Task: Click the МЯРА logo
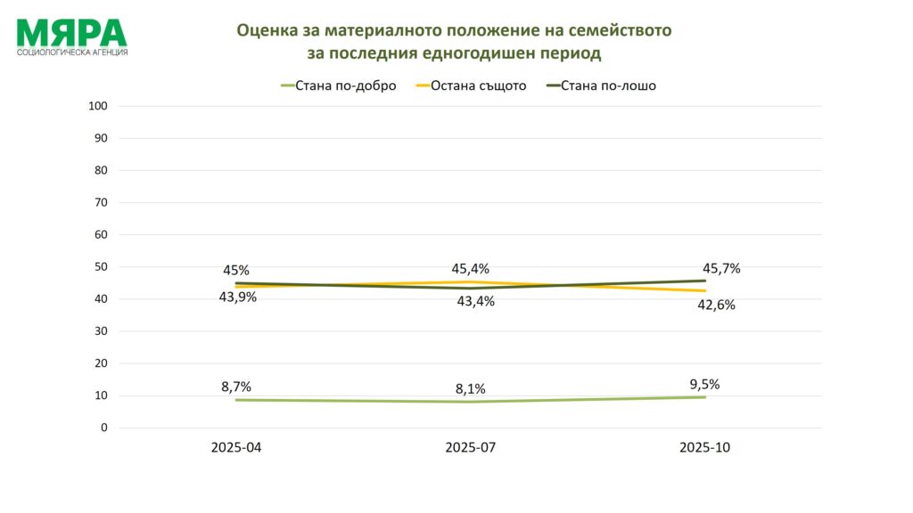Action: pos(71,36)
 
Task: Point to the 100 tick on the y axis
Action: pos(98,106)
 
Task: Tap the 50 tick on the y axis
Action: pos(101,267)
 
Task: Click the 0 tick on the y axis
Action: pos(103,427)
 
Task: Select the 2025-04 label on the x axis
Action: pos(236,448)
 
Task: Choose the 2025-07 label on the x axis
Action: pos(471,448)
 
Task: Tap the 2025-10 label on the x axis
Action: pos(704,448)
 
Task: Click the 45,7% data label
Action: pos(722,268)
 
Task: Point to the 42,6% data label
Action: pos(717,305)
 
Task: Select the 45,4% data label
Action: pos(471,269)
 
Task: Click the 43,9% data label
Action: pos(237,297)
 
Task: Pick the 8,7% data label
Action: pos(236,387)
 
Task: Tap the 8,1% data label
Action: pos(471,388)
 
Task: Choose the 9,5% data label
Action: pos(704,385)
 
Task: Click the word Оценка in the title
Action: pos(267,30)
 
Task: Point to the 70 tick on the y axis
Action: pos(101,202)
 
